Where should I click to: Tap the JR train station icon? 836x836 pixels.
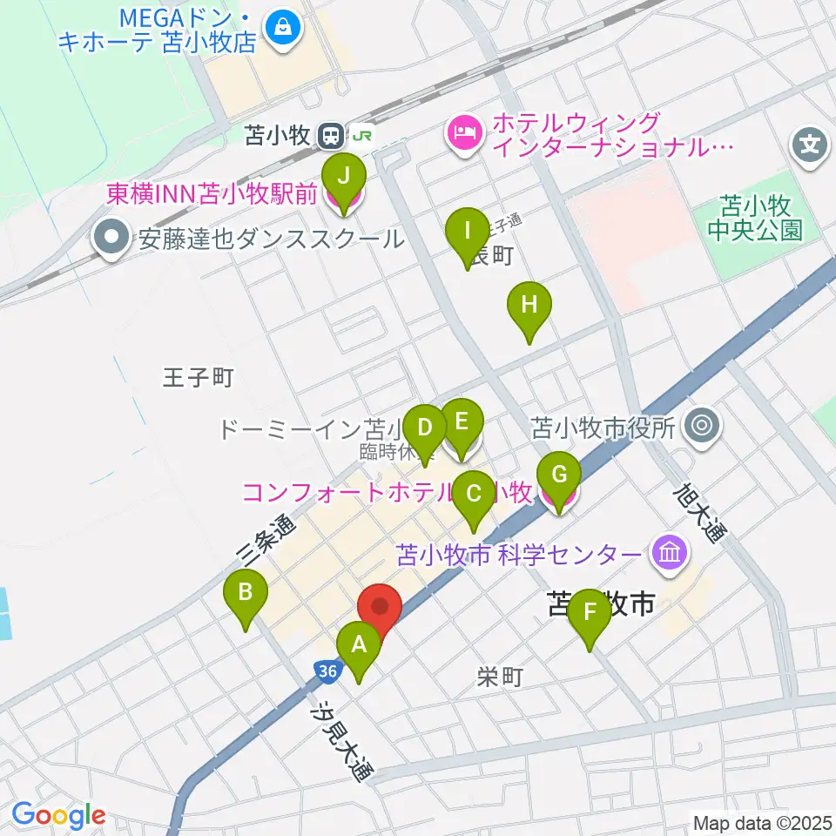pos(330,135)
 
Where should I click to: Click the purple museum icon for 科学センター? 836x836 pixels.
pos(671,552)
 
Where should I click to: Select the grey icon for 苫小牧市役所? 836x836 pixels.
pos(702,427)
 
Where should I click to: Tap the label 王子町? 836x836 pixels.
pos(199,378)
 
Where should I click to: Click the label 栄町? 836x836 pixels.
pos(500,677)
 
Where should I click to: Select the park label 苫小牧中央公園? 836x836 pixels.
pos(754,218)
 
